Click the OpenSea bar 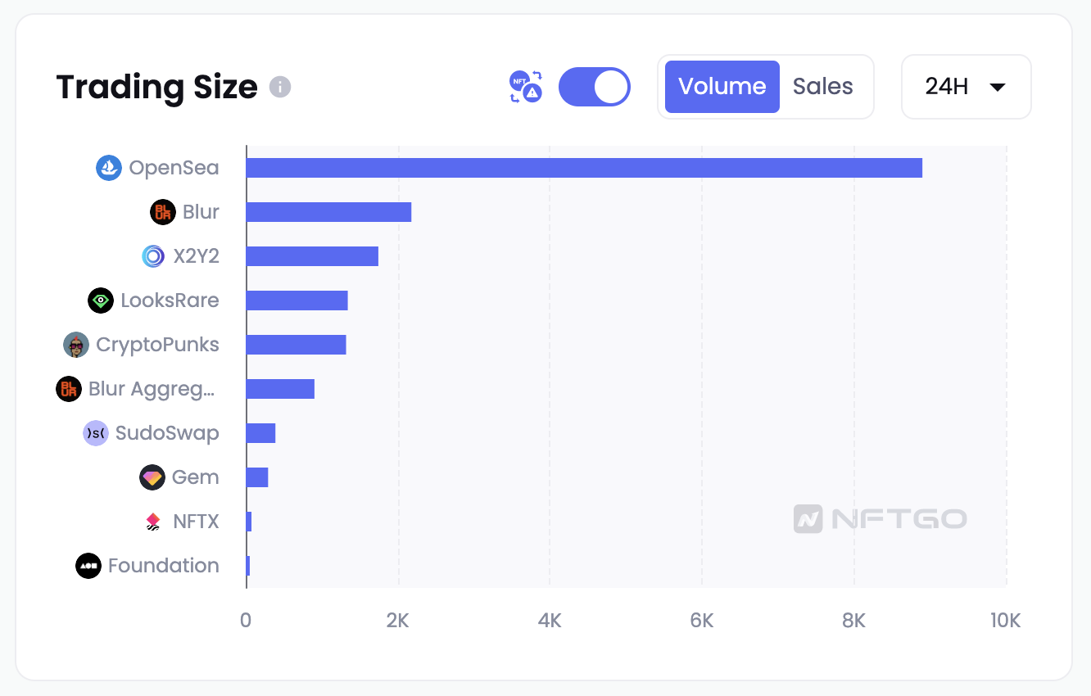[584, 168]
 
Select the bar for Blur [328, 212]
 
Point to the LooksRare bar [297, 301]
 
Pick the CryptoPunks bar [296, 345]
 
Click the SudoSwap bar [260, 433]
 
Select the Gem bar [257, 477]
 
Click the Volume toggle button [722, 87]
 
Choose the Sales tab [822, 87]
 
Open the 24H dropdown [966, 87]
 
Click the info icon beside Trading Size [280, 87]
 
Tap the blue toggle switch [594, 87]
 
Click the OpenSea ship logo [109, 168]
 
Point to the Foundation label [163, 566]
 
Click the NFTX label [196, 522]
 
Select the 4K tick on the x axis [550, 621]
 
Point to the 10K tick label [1005, 621]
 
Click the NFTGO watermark [880, 518]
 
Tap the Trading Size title [156, 87]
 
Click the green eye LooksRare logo [101, 301]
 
